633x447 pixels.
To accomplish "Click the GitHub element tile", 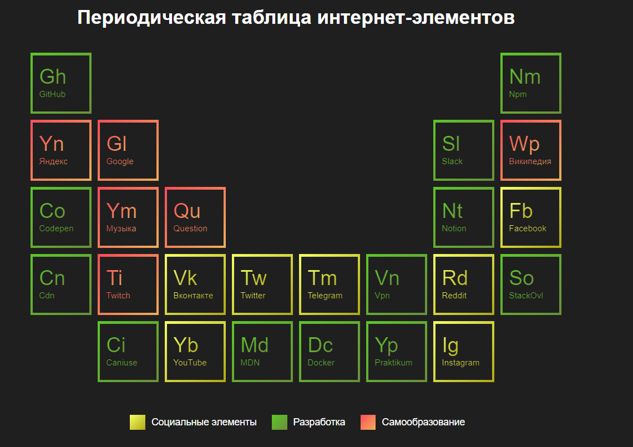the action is click(x=61, y=83).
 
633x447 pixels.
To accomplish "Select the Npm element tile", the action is click(x=531, y=83).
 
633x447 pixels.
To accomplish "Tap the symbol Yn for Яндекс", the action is click(x=52, y=144).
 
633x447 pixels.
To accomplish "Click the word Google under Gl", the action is click(x=120, y=161).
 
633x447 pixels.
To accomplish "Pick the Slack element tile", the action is click(x=464, y=150).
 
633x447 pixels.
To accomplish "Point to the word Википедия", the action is click(x=530, y=161).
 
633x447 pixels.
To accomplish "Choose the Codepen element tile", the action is click(x=61, y=217).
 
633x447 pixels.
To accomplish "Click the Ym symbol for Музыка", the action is click(x=121, y=211).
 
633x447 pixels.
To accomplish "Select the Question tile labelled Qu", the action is click(x=195, y=217).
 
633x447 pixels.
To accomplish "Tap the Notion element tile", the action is click(x=464, y=217).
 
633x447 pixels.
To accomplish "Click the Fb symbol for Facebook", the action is click(x=521, y=211).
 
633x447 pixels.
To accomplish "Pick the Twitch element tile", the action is click(x=128, y=285).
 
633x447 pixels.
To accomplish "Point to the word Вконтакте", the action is click(x=193, y=295).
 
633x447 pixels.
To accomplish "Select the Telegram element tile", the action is click(x=330, y=285).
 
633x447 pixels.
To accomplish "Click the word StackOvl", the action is click(x=526, y=295).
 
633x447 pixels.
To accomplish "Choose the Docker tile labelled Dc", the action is click(x=330, y=352).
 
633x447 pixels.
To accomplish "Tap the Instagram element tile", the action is click(x=464, y=352).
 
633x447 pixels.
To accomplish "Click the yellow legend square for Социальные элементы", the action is click(x=137, y=422).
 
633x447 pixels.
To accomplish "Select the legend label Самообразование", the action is click(x=423, y=422).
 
